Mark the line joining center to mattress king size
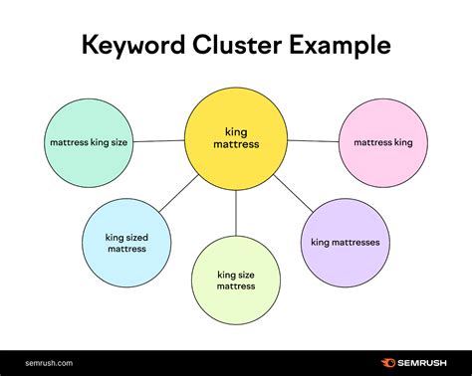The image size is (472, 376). click(x=158, y=140)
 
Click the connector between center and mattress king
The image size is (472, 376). click(x=313, y=140)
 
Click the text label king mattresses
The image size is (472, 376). click(x=345, y=242)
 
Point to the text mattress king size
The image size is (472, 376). click(x=88, y=142)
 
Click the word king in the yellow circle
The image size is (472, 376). click(x=236, y=130)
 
